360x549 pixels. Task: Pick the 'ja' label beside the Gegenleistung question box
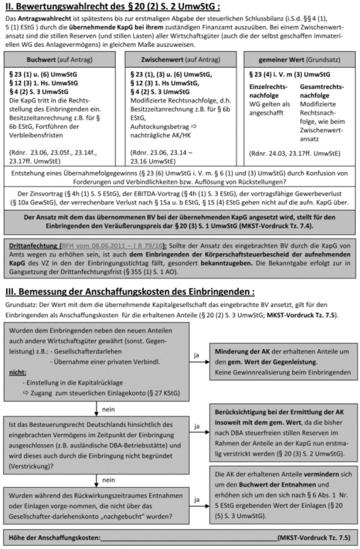pos(197,355)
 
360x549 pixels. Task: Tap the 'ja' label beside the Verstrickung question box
pos(197,426)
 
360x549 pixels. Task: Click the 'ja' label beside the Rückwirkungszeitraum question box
pos(197,499)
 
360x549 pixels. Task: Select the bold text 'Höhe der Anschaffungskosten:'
pos(54,538)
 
